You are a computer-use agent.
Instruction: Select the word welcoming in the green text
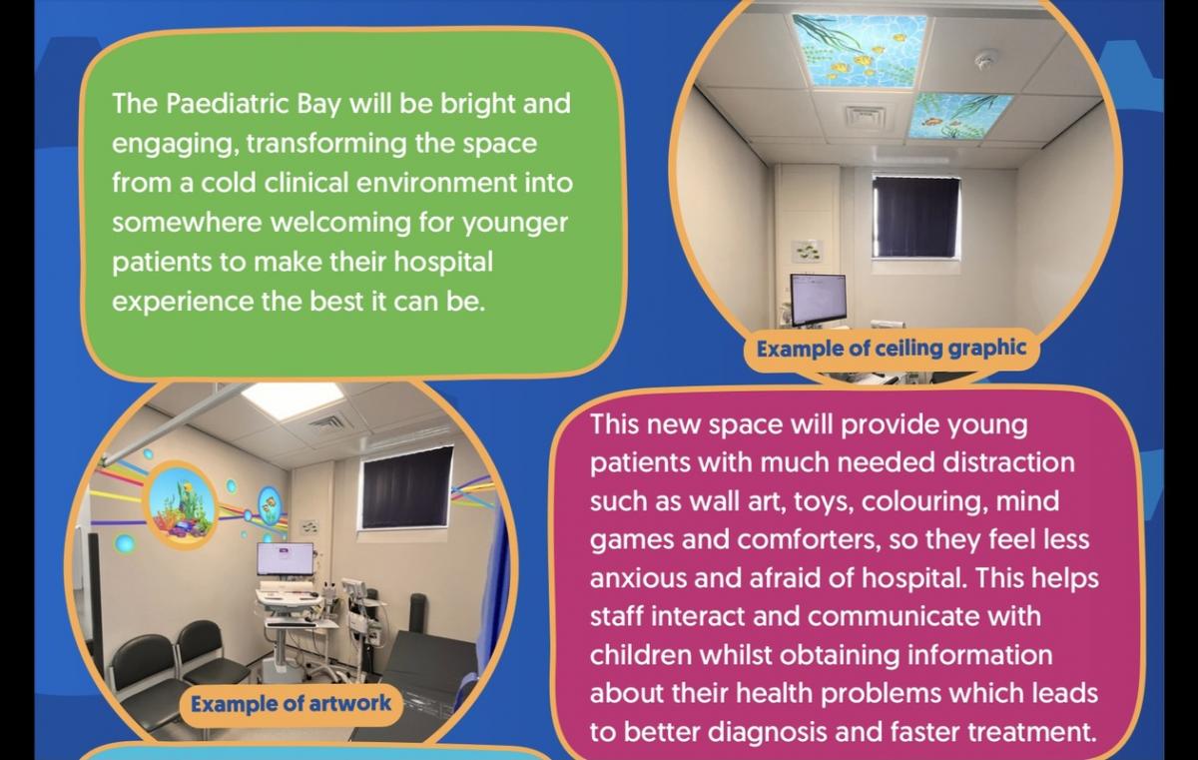click(340, 222)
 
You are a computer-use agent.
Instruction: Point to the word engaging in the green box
click(175, 145)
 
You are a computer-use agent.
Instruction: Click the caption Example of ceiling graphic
click(891, 350)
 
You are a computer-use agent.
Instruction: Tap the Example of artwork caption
click(291, 703)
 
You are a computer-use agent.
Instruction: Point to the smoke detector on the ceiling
click(985, 59)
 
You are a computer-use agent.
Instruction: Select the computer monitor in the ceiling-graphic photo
click(818, 299)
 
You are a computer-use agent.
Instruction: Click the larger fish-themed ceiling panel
click(858, 50)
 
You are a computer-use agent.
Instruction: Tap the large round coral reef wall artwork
click(182, 504)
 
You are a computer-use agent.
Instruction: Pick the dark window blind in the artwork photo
click(406, 487)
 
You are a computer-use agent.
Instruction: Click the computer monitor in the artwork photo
click(286, 559)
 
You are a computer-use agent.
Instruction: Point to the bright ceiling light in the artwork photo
click(292, 397)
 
